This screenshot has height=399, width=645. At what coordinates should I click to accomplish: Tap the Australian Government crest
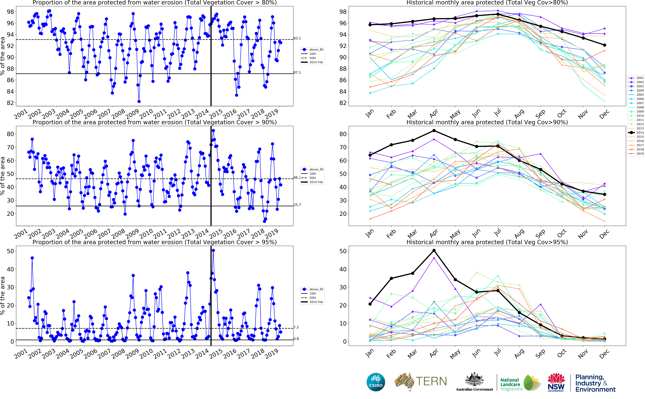[x=474, y=380]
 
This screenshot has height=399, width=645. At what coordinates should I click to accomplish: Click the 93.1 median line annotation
[x=297, y=38]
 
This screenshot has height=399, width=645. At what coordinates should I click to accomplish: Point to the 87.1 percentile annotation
[x=297, y=73]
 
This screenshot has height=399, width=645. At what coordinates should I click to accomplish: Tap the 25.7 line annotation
[x=297, y=205]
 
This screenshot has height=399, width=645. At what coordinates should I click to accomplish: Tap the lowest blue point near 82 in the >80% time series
[x=139, y=101]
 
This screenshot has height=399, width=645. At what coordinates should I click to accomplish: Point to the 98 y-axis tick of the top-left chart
[x=10, y=12]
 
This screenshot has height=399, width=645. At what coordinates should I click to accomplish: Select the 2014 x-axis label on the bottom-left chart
[x=202, y=354]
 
